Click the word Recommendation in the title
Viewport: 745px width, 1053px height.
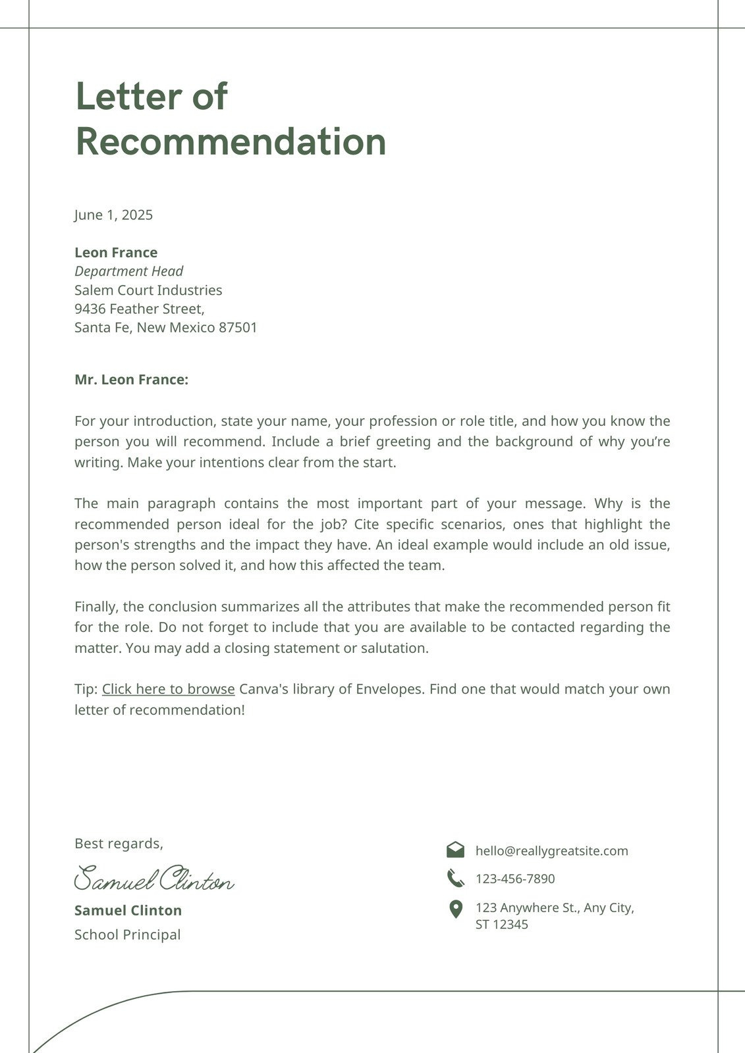point(231,141)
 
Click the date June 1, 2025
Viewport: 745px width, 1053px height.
point(113,215)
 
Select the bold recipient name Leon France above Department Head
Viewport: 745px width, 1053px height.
point(116,253)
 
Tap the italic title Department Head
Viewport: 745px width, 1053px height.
point(128,271)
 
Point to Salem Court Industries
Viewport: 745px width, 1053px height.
point(148,290)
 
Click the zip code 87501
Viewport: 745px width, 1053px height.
point(238,328)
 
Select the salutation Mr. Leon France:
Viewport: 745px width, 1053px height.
point(131,380)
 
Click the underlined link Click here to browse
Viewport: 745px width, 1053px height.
point(168,689)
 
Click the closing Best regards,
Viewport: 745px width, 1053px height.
point(119,844)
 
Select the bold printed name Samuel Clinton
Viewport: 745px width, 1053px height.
point(128,911)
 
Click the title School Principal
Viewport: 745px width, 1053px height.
point(127,935)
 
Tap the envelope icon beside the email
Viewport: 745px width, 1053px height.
point(455,850)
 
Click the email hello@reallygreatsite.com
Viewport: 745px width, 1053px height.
point(551,851)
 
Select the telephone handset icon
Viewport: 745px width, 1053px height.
point(455,878)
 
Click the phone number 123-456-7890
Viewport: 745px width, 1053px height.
point(515,879)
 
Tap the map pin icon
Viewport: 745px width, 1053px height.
point(455,910)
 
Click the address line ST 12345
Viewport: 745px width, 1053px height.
point(501,925)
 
